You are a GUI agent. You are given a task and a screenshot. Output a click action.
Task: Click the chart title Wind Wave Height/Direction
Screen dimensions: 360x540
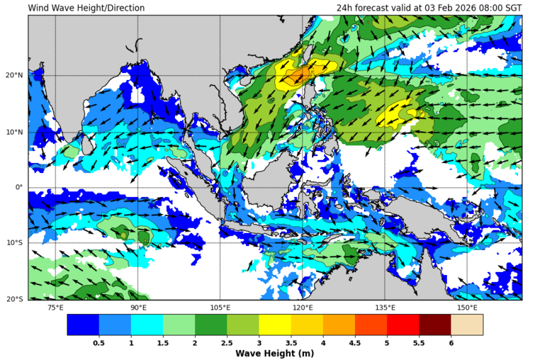[x=86, y=8]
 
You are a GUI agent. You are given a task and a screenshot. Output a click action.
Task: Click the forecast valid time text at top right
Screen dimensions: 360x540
[x=429, y=8]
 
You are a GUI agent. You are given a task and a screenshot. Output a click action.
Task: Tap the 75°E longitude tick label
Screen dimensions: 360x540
[x=55, y=308]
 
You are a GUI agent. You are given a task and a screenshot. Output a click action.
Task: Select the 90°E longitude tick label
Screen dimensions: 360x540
[x=138, y=308]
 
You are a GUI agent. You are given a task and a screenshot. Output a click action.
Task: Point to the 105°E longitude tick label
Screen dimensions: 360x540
[x=220, y=308]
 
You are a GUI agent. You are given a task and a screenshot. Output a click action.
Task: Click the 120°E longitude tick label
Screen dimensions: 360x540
[x=303, y=308]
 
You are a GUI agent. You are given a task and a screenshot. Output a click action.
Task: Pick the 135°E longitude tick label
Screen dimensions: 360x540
[x=385, y=308]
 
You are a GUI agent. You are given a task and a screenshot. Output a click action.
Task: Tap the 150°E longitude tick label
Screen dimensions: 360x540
[x=467, y=308]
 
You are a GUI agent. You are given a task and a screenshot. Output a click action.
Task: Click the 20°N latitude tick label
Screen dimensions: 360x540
[x=13, y=75]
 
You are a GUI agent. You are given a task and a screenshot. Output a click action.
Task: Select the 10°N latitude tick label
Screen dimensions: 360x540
[x=13, y=131]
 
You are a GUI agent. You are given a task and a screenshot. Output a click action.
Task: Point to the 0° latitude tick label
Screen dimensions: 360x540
[x=19, y=187]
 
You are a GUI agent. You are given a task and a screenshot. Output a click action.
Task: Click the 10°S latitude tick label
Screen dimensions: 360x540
[x=14, y=243]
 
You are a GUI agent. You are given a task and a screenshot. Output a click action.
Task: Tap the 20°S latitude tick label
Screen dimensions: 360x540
[x=14, y=299]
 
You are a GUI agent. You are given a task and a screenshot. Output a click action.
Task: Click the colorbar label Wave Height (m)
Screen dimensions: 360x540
[x=274, y=354]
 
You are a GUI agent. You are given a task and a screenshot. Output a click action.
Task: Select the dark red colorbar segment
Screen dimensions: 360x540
[x=434, y=325]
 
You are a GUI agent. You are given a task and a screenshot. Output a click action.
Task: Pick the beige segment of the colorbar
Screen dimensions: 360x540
[x=466, y=325]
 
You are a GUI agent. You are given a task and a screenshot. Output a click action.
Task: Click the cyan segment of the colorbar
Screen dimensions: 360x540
[x=147, y=325]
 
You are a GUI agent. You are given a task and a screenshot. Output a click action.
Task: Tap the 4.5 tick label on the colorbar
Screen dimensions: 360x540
[x=354, y=343]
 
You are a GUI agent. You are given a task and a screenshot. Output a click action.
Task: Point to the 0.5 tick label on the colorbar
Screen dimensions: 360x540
[x=99, y=343]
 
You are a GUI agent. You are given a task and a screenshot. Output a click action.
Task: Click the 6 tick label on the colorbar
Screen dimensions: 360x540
[x=451, y=343]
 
